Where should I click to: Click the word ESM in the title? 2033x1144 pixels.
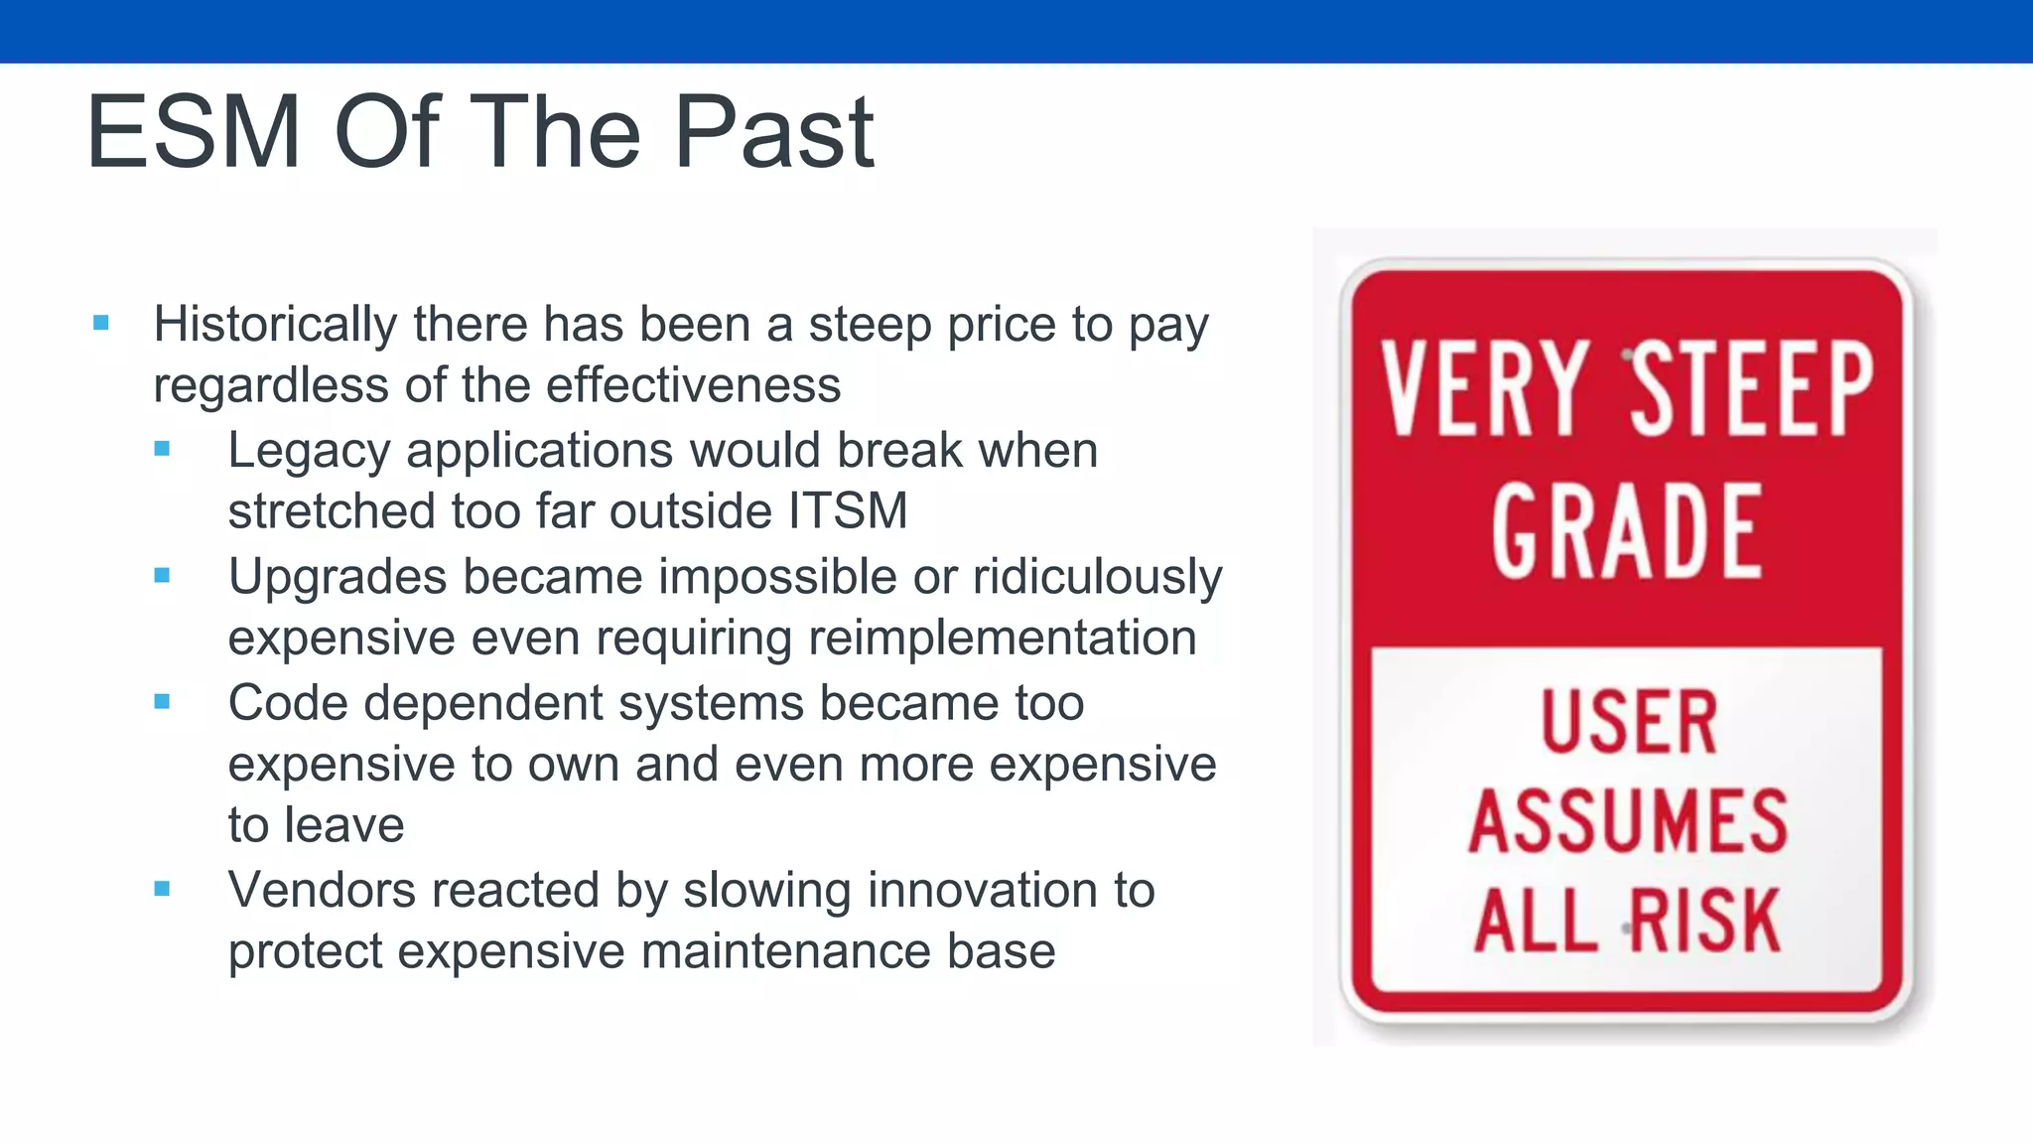click(194, 132)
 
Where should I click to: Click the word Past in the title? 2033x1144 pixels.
click(773, 132)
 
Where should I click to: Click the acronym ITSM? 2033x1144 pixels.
click(848, 511)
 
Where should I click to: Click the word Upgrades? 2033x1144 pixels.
click(338, 577)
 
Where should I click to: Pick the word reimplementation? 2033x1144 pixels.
click(1002, 638)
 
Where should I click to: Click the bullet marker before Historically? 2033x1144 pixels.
click(100, 323)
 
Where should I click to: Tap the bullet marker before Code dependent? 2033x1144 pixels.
click(163, 702)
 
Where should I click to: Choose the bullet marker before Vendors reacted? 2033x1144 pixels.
click(163, 889)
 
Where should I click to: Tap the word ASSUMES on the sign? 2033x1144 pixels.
click(1628, 821)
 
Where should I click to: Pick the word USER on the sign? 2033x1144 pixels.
click(1628, 722)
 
